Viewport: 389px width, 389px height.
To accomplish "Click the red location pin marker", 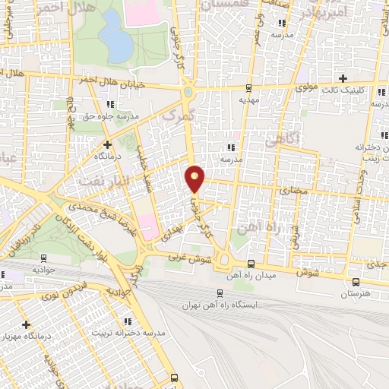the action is click(x=195, y=178).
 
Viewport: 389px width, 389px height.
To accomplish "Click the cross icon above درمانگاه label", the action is click(x=107, y=144).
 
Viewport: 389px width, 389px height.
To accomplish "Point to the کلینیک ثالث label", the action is click(x=348, y=89).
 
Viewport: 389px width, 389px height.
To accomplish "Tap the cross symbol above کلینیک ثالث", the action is click(x=343, y=77).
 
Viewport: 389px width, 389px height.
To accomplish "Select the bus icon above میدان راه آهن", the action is click(x=251, y=263).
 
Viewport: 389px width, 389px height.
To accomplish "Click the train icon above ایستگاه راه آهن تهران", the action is click(x=220, y=293).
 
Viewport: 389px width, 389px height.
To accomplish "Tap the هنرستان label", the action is click(x=356, y=293).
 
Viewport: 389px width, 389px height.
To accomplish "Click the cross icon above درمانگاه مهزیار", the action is click(x=25, y=324).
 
